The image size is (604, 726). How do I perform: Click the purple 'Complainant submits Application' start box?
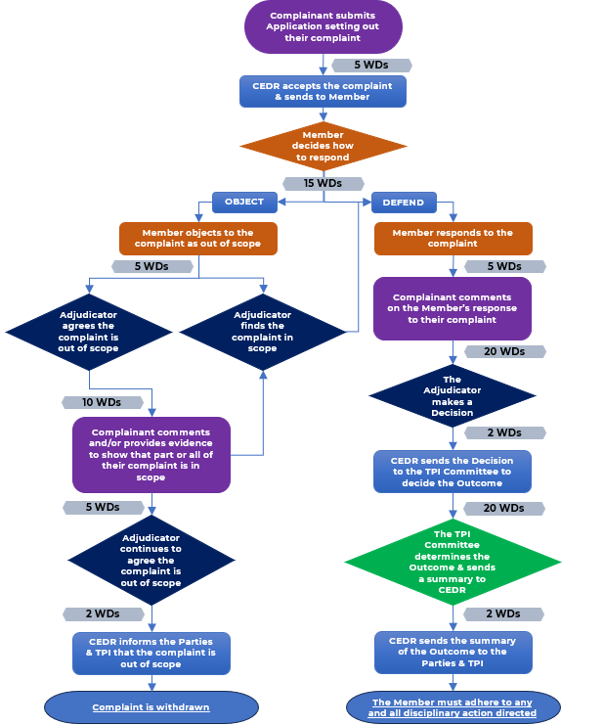(323, 26)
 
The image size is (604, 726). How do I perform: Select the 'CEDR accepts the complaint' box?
(323, 91)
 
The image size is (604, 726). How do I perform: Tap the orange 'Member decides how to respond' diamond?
(323, 146)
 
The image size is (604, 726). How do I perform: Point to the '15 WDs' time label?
(323, 183)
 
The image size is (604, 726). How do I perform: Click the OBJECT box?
(244, 203)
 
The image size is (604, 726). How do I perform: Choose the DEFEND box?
(403, 203)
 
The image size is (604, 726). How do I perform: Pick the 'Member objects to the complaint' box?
(197, 238)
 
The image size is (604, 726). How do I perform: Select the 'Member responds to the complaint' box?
(453, 238)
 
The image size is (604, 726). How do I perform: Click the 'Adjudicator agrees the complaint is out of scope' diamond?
(89, 332)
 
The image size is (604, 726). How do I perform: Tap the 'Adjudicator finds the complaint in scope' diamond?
(262, 332)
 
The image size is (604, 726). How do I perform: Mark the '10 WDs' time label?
(102, 402)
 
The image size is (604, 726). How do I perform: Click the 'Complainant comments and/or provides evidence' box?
(151, 455)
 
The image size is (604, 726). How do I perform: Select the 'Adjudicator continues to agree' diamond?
(151, 560)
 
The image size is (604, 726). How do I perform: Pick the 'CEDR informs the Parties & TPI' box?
(151, 653)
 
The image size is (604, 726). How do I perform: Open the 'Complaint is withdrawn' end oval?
(151, 707)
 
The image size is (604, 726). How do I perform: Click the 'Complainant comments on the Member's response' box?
(453, 308)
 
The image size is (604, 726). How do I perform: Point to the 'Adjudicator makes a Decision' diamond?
(453, 396)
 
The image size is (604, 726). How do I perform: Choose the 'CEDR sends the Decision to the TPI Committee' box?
(453, 471)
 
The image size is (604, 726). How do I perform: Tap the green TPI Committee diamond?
(453, 562)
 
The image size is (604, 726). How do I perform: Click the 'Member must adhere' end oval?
(453, 707)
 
